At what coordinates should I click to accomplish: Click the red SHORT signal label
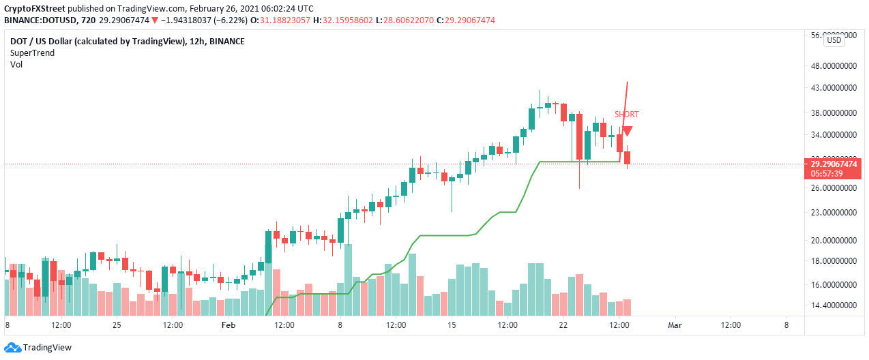point(626,115)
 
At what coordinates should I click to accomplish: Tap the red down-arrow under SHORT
point(627,131)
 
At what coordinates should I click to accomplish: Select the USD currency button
point(834,40)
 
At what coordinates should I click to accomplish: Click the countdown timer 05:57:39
point(827,174)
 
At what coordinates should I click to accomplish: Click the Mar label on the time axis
point(674,326)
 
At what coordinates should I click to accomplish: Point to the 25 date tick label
point(117,326)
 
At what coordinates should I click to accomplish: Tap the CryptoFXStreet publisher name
point(40,9)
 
